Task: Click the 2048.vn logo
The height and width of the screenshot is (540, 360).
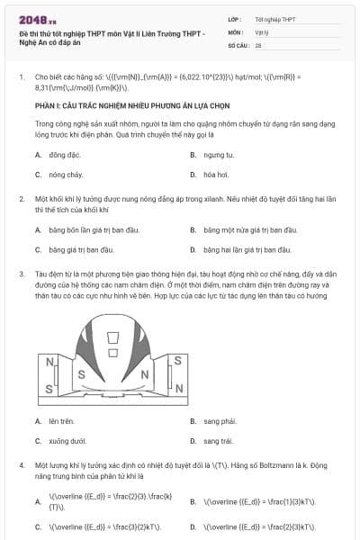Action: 36,19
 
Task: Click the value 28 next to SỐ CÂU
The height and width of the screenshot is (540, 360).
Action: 258,44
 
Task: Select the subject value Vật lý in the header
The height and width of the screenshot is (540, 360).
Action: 262,31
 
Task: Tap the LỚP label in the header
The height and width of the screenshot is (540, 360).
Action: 235,19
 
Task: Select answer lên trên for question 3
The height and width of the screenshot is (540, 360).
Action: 61,420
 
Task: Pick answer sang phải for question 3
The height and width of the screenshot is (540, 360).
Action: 219,420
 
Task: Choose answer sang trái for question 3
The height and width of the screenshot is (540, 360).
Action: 218,441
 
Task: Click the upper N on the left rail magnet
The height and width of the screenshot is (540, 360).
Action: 49,362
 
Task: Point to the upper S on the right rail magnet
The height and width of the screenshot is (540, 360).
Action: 178,360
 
